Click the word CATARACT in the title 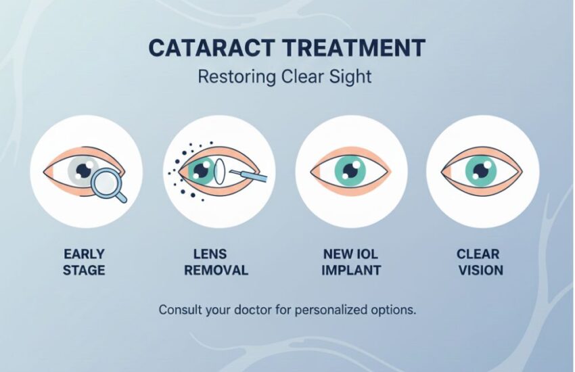[212, 47]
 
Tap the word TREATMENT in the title [354, 47]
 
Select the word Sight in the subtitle [350, 77]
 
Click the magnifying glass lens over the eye [104, 181]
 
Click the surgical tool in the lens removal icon [248, 176]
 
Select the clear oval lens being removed [219, 171]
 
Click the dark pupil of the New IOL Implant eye [350, 170]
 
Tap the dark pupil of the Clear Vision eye [480, 170]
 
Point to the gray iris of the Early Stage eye [83, 170]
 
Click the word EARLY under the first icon [84, 254]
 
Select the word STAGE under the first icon [84, 271]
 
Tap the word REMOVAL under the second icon [216, 271]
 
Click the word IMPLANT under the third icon [351, 271]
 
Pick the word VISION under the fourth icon [481, 271]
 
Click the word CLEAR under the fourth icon [478, 254]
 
